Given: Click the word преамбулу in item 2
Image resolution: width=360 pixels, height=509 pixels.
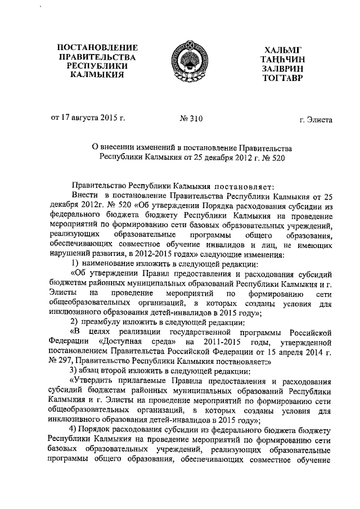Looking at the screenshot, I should click(103, 322).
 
